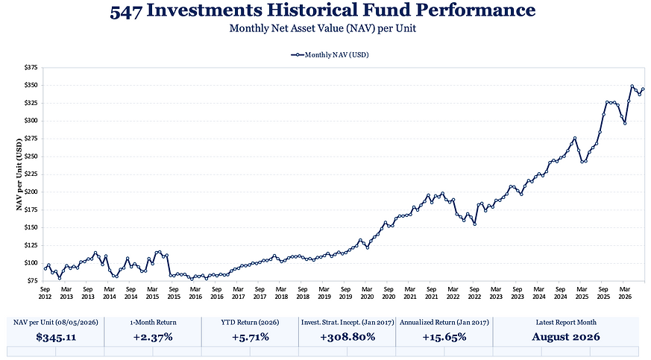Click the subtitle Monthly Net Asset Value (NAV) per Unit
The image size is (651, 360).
pos(323,28)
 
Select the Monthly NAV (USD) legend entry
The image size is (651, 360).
pos(330,54)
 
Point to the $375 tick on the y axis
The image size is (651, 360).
pos(31,67)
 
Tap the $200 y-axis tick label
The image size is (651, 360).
pos(31,192)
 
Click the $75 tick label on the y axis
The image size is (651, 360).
pos(32,281)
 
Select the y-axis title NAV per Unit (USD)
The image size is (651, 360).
pos(19,174)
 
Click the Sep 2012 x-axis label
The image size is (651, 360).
pos(45,293)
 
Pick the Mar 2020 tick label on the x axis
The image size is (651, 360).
pos(367,293)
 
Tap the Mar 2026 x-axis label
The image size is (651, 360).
pos(625,293)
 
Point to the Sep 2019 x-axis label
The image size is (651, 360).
pos(345,293)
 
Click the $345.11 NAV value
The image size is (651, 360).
pos(56,337)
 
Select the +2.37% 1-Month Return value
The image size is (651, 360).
pos(153,337)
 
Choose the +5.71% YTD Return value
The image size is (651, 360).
pos(250,337)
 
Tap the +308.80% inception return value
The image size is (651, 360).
pos(347,337)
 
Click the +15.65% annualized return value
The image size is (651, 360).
pos(444,337)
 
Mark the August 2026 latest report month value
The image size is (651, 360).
pos(566,337)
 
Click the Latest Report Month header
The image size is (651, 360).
pos(566,322)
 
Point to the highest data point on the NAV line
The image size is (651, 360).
pos(632,86)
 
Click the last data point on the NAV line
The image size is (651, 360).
pos(643,89)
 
